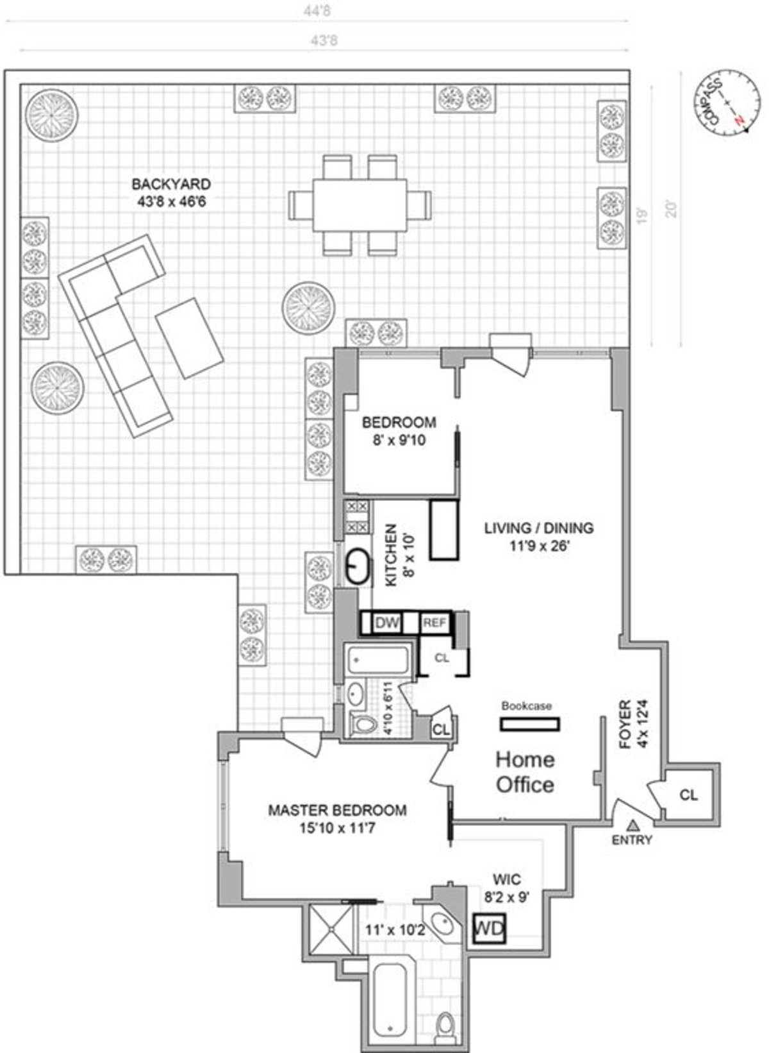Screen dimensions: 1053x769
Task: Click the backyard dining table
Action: tap(360, 205)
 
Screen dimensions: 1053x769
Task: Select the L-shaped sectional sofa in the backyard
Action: tap(115, 333)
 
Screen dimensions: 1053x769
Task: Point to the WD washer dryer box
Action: tap(490, 928)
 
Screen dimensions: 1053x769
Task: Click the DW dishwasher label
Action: tap(386, 623)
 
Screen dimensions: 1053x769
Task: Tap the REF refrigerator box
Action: tap(434, 623)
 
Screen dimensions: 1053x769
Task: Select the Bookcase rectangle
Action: tap(530, 724)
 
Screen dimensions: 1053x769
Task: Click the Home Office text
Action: tap(525, 771)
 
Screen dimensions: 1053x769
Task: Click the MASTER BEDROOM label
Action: tap(336, 818)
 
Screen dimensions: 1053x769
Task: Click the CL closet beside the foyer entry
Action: tap(688, 795)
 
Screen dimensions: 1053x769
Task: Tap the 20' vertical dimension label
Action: tap(670, 210)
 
